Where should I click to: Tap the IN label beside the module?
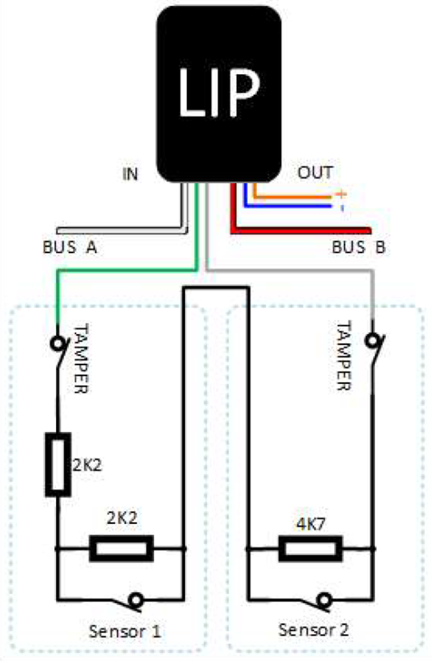point(130,174)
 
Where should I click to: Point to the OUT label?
point(315,173)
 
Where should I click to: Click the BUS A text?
point(70,248)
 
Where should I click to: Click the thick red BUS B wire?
point(305,230)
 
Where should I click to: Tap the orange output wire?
point(293,197)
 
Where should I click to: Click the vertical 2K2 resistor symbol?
point(57,463)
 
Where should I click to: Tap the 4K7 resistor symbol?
point(311,548)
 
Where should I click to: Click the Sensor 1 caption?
point(124,630)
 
